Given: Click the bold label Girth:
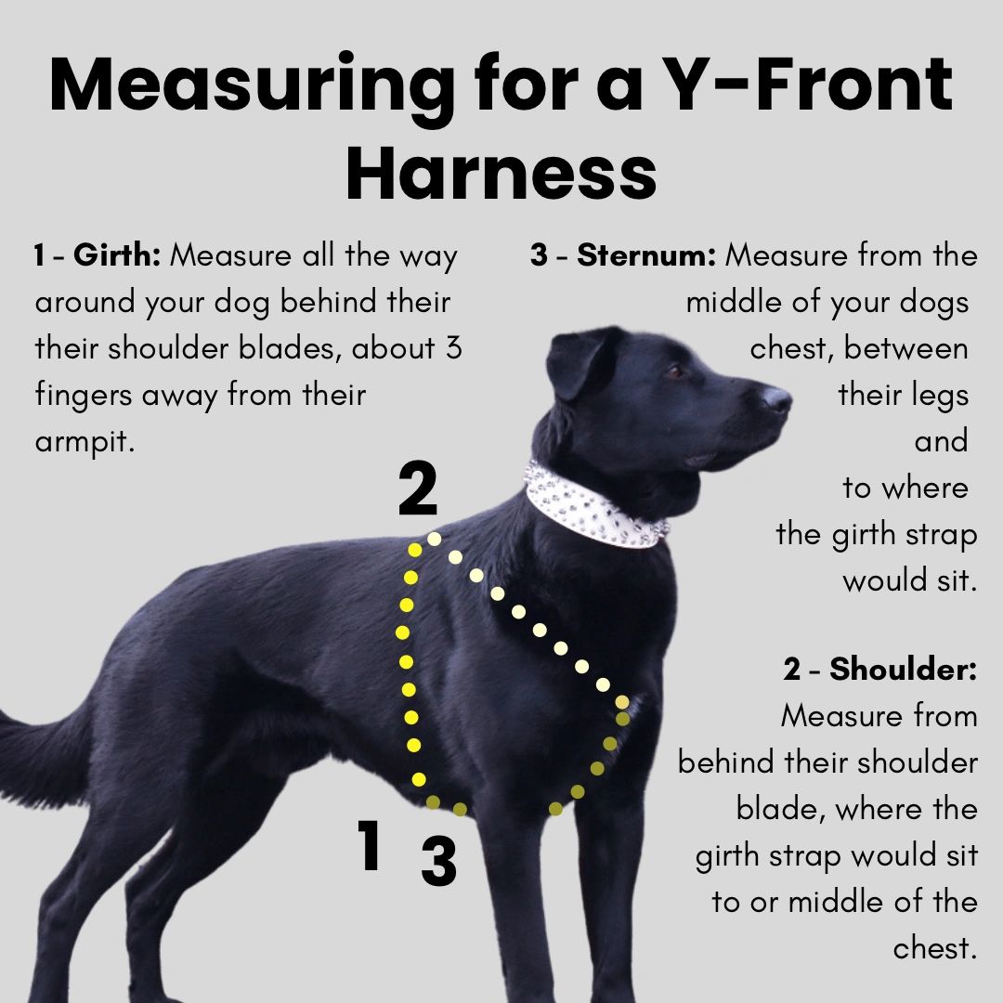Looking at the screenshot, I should click(x=117, y=255).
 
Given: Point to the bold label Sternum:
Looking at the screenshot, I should click(x=646, y=255).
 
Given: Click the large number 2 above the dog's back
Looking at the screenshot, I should click(x=417, y=492).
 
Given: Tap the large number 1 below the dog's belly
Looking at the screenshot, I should click(x=371, y=845).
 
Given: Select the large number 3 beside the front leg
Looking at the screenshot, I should click(x=438, y=862).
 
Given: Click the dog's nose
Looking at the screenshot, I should click(x=776, y=399).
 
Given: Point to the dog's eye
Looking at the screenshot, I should click(x=675, y=371).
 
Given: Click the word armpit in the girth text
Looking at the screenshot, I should click(x=85, y=442).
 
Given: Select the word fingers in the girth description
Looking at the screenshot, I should click(x=84, y=396).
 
